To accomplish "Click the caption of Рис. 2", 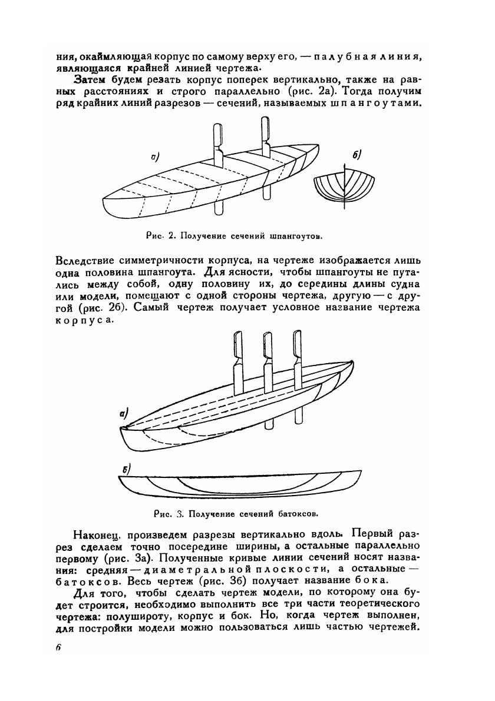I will pyautogui.click(x=233, y=236).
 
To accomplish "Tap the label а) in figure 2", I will pyautogui.click(x=156, y=157).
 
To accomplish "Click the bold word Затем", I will pyautogui.click(x=91, y=79).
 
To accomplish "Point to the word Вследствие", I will pyautogui.click(x=87, y=260).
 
